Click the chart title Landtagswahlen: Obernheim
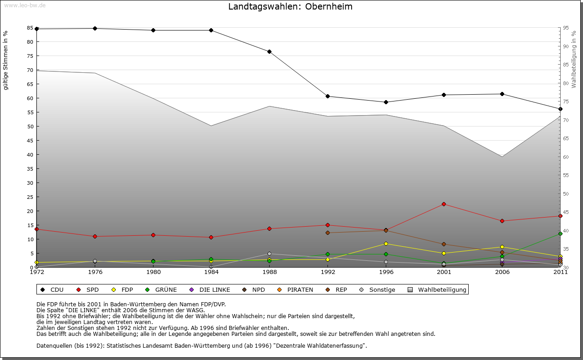click(290, 7)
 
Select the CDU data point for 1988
click(270, 51)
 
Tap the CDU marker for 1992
click(328, 96)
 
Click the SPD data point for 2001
click(444, 204)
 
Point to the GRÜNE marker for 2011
click(560, 233)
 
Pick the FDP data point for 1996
click(386, 243)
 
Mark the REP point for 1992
click(328, 233)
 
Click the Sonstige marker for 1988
click(270, 254)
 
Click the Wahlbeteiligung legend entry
click(437, 289)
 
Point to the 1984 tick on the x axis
click(211, 273)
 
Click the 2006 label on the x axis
click(502, 273)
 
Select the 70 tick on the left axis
click(30, 70)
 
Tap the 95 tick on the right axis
click(566, 28)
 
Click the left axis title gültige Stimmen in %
click(6, 60)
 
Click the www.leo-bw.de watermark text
click(25, 5)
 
